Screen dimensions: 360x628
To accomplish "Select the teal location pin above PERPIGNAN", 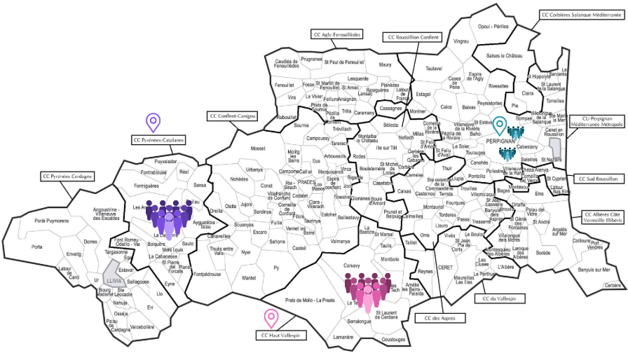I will point(499,125).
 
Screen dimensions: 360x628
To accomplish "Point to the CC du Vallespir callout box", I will point(495,299).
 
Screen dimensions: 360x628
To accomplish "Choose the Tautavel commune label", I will point(435,68).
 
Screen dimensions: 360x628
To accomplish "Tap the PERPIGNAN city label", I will point(500,140).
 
